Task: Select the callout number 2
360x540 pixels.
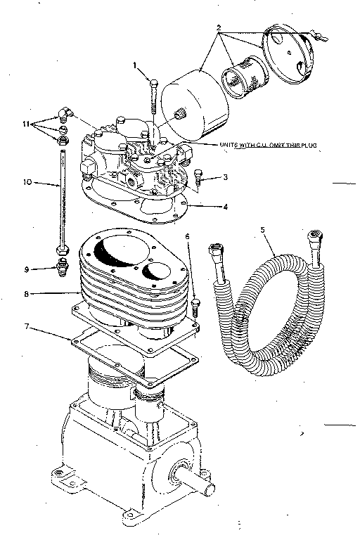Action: click(x=219, y=28)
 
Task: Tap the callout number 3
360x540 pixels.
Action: click(x=224, y=177)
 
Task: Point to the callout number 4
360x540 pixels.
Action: click(x=224, y=208)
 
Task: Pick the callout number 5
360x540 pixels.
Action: click(x=262, y=229)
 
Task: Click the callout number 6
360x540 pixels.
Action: click(x=188, y=238)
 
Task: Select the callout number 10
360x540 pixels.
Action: click(x=27, y=182)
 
